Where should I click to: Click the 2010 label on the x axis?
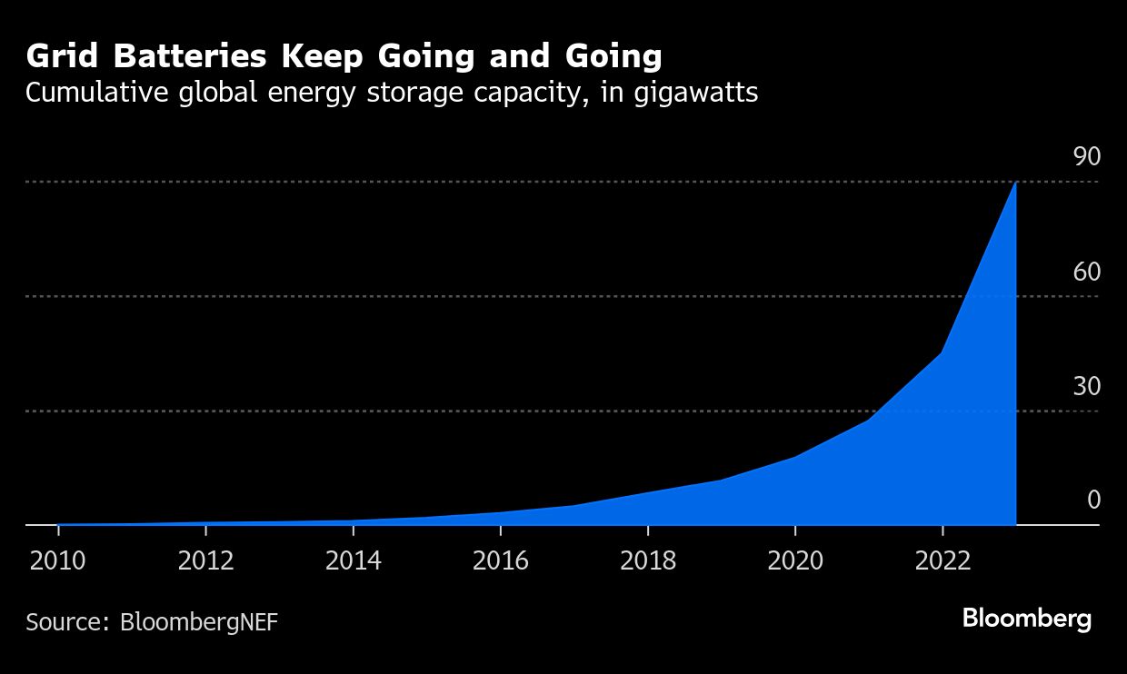tap(57, 560)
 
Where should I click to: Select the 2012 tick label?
tap(205, 560)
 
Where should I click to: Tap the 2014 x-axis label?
tap(353, 560)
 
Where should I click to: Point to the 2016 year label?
tap(500, 560)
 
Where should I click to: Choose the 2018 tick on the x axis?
tap(648, 560)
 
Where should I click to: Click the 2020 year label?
tap(795, 560)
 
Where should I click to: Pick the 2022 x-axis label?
tap(942, 560)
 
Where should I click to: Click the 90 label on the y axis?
tap(1086, 157)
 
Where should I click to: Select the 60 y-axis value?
tap(1086, 272)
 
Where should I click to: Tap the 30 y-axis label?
tap(1086, 387)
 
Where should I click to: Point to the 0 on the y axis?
tap(1093, 501)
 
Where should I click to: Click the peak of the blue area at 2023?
tap(1015, 183)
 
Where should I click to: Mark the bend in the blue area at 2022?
tap(942, 352)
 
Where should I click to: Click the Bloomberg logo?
tap(1026, 619)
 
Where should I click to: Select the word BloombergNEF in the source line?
tap(199, 622)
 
